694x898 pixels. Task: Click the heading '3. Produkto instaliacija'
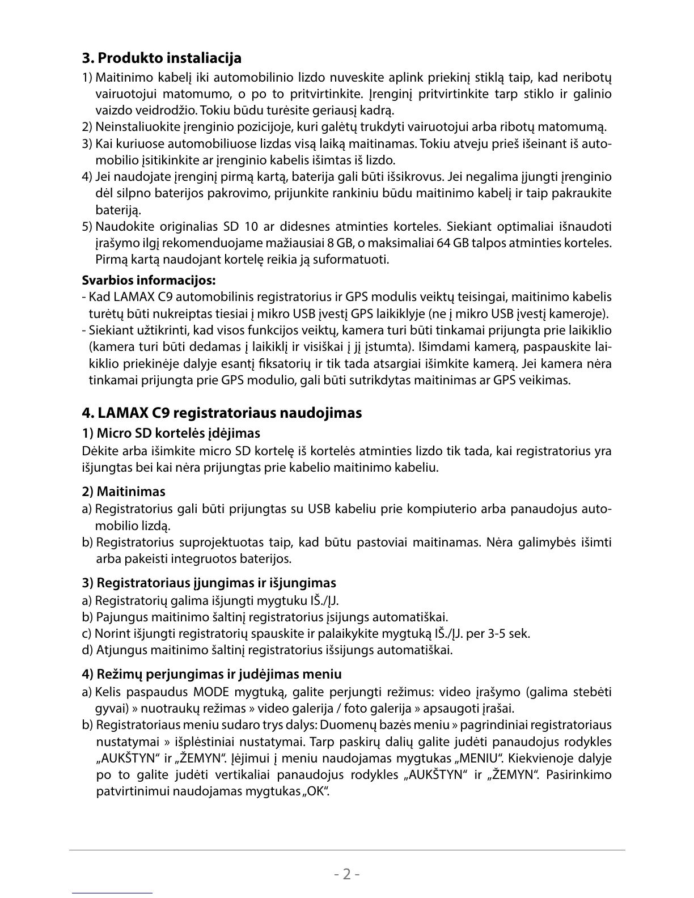tap(162, 58)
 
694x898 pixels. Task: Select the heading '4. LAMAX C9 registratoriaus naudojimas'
tap(222, 412)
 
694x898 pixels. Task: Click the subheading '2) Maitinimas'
tap(124, 491)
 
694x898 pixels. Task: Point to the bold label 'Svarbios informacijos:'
tap(149, 280)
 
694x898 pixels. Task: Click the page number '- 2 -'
tap(347, 874)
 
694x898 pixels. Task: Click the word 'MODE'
tap(211, 692)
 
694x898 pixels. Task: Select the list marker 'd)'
tap(87, 650)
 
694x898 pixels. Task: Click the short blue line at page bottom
tap(113, 893)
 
